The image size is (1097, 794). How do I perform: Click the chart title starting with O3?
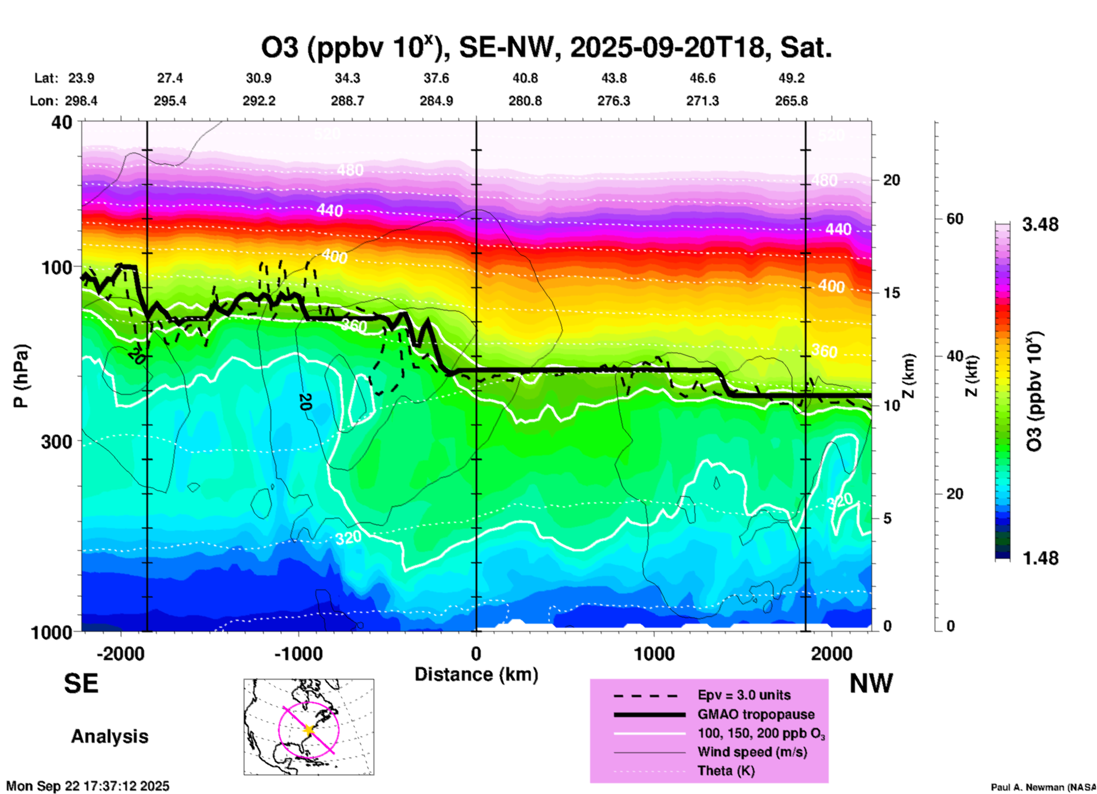click(x=546, y=48)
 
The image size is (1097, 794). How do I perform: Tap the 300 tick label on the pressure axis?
click(x=57, y=442)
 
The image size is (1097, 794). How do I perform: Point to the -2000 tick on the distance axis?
click(x=120, y=653)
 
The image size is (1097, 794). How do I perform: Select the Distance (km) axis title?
click(x=476, y=674)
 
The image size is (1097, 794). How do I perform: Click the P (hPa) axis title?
click(x=21, y=376)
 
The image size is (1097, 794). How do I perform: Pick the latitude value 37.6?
click(x=436, y=79)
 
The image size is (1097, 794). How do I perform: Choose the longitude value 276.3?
click(x=613, y=101)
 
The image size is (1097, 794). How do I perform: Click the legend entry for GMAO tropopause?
click(x=756, y=714)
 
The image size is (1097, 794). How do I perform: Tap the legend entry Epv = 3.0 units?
click(x=744, y=695)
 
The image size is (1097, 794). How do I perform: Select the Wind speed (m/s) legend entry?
click(x=752, y=752)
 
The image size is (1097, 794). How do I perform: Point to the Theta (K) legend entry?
click(x=726, y=771)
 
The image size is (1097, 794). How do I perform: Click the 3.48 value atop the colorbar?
click(x=1040, y=224)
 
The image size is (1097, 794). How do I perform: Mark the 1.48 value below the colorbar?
click(x=1040, y=558)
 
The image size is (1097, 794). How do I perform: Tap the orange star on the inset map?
click(x=309, y=730)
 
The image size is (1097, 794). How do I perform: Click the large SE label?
click(x=81, y=684)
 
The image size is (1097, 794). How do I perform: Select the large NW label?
click(x=871, y=684)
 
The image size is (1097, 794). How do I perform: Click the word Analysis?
click(x=109, y=736)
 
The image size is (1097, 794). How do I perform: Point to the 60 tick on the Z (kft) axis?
click(x=955, y=219)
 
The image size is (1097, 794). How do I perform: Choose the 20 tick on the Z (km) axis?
click(x=891, y=180)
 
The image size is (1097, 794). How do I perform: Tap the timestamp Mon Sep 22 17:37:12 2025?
click(x=88, y=786)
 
